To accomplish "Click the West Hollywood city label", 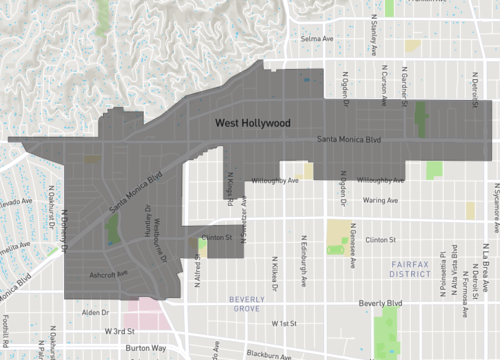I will click(253, 123).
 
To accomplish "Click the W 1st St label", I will click(286, 323).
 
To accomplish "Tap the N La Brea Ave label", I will click(487, 265).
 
